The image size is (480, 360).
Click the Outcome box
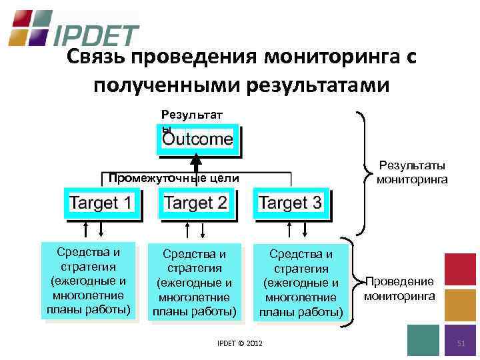tap(198, 140)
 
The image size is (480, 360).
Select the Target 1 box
tap(101, 203)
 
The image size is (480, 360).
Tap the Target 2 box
tap(196, 203)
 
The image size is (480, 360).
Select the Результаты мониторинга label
tap(411, 173)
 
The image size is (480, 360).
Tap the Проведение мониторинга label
tap(399, 288)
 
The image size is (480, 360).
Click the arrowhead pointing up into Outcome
tap(196, 160)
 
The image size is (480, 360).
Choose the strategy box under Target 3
tap(300, 283)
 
